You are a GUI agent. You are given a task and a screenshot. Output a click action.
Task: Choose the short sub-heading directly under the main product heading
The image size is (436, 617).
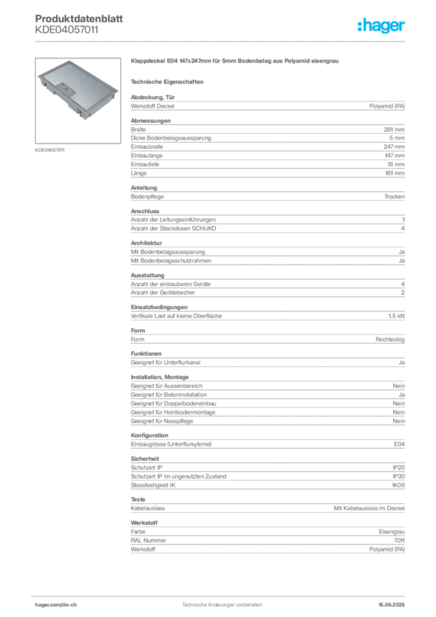pyautogui.click(x=169, y=81)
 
